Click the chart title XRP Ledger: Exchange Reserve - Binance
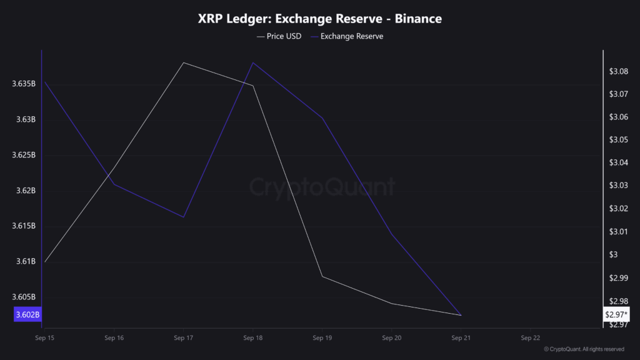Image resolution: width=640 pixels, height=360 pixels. pos(319,19)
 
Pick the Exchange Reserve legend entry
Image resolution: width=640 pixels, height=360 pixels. pos(352,36)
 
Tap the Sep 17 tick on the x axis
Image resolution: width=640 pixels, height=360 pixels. pos(183,337)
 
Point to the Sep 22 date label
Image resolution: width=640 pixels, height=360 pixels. pos(531,337)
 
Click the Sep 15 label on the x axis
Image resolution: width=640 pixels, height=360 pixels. pos(44,337)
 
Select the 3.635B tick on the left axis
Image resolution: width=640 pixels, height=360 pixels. pos(24,84)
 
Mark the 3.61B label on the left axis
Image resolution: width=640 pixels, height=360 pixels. pos(27,261)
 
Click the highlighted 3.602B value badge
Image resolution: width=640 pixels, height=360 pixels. pos(26,314)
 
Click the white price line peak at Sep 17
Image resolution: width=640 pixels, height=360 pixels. pos(183,62)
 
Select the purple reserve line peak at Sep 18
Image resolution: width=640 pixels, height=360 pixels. pos(252,62)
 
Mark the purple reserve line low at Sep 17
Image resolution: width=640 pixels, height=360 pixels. pos(183,217)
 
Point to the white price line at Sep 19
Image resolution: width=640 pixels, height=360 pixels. pos(322,276)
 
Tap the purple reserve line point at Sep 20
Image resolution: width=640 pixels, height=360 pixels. pos(391,234)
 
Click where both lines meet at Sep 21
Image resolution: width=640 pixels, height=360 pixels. pos(461,315)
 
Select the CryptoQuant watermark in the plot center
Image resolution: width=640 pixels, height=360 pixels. pos(322,187)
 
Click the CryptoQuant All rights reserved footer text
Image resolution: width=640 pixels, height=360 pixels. pos(584,349)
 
